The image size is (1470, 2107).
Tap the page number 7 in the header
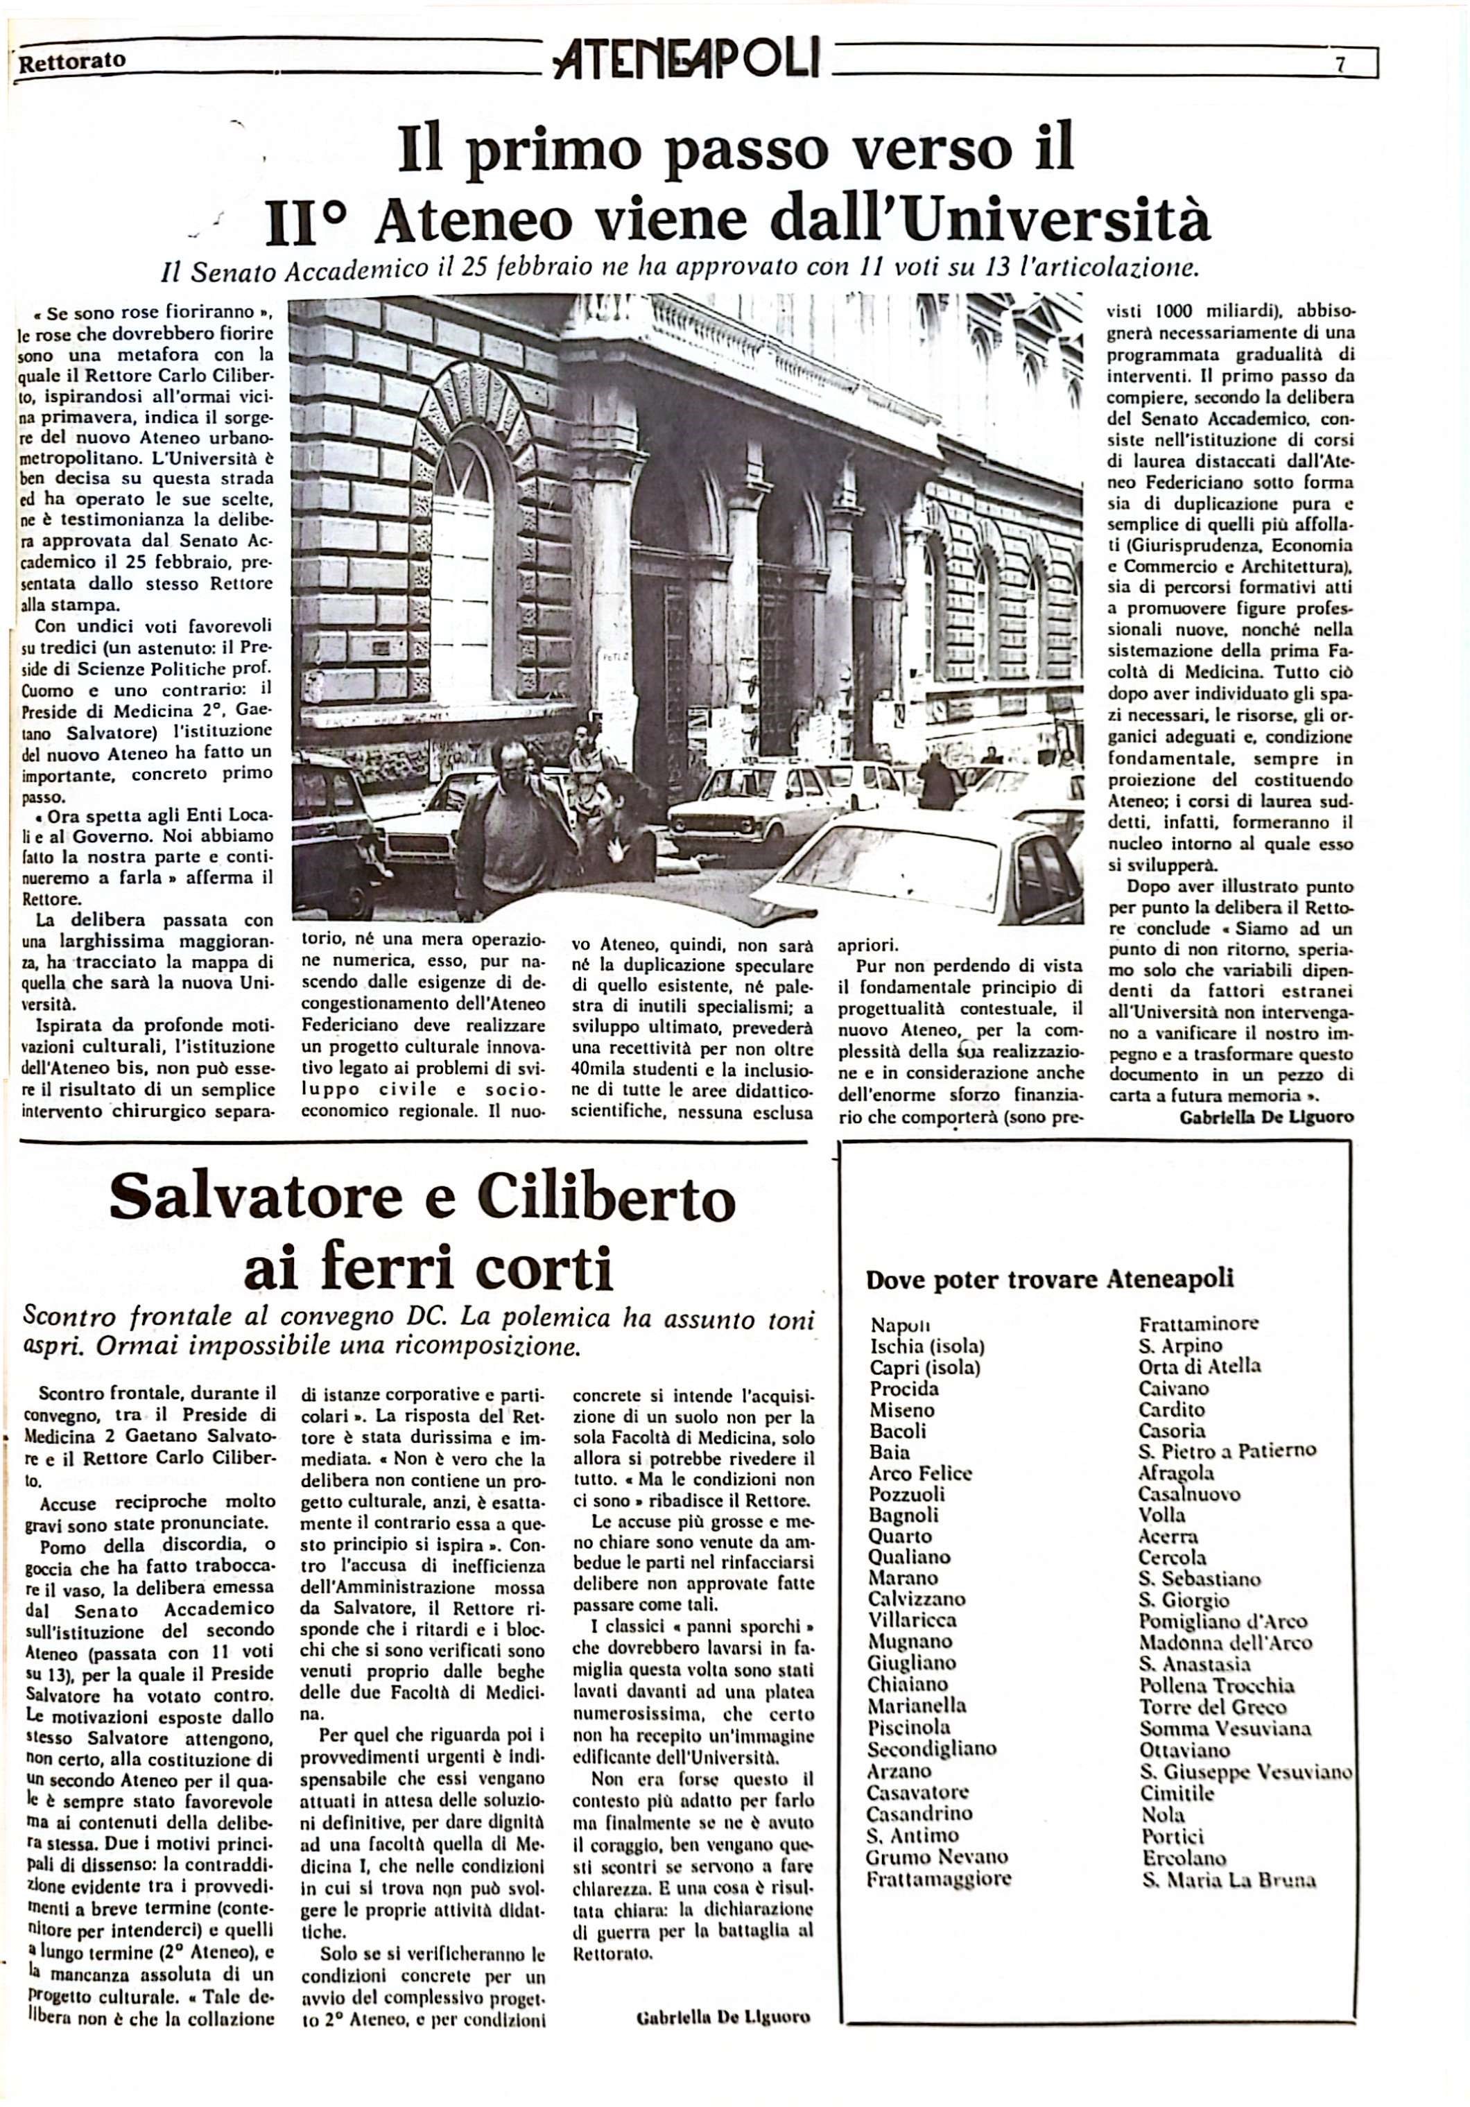tap(1340, 64)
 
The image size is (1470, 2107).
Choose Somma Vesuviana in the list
tap(1224, 1728)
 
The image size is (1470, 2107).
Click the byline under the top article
tap(1266, 1117)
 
